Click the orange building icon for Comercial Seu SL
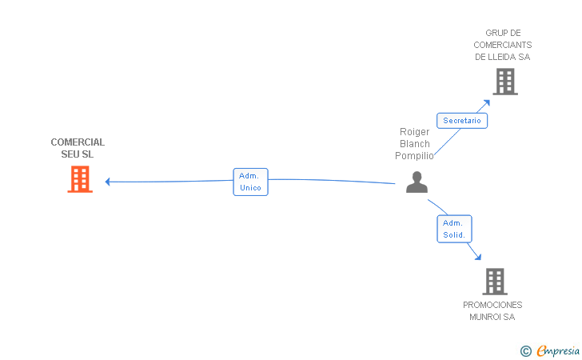79,179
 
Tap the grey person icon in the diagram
417,182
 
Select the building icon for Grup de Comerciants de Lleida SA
504,82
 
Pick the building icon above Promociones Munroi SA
495,281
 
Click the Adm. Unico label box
250,182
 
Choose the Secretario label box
462,121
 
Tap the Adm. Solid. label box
454,229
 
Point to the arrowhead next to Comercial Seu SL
108,182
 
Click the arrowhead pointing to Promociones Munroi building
477,257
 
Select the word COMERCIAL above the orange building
78,142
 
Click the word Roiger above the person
414,132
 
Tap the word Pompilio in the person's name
414,156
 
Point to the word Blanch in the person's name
414,144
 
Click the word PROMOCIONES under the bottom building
492,305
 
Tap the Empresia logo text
558,350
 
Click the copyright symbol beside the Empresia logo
525,350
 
